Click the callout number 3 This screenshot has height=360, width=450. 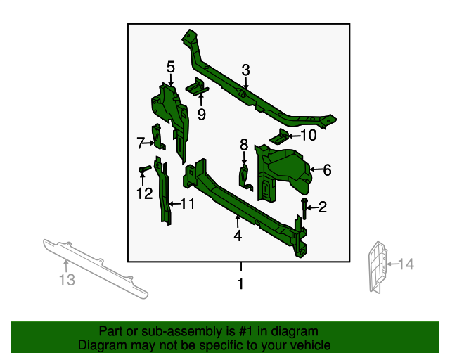245,70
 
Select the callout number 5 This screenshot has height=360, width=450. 170,67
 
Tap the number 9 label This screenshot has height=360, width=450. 201,115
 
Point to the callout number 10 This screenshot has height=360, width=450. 309,136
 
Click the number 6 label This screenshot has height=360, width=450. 327,169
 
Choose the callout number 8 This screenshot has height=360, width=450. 244,144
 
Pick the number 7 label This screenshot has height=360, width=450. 141,143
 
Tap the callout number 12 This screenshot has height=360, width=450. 144,193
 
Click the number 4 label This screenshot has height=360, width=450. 238,236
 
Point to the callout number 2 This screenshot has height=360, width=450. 323,207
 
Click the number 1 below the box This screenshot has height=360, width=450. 240,285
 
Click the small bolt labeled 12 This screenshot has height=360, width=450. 143,170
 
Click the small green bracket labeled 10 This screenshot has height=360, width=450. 281,135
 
